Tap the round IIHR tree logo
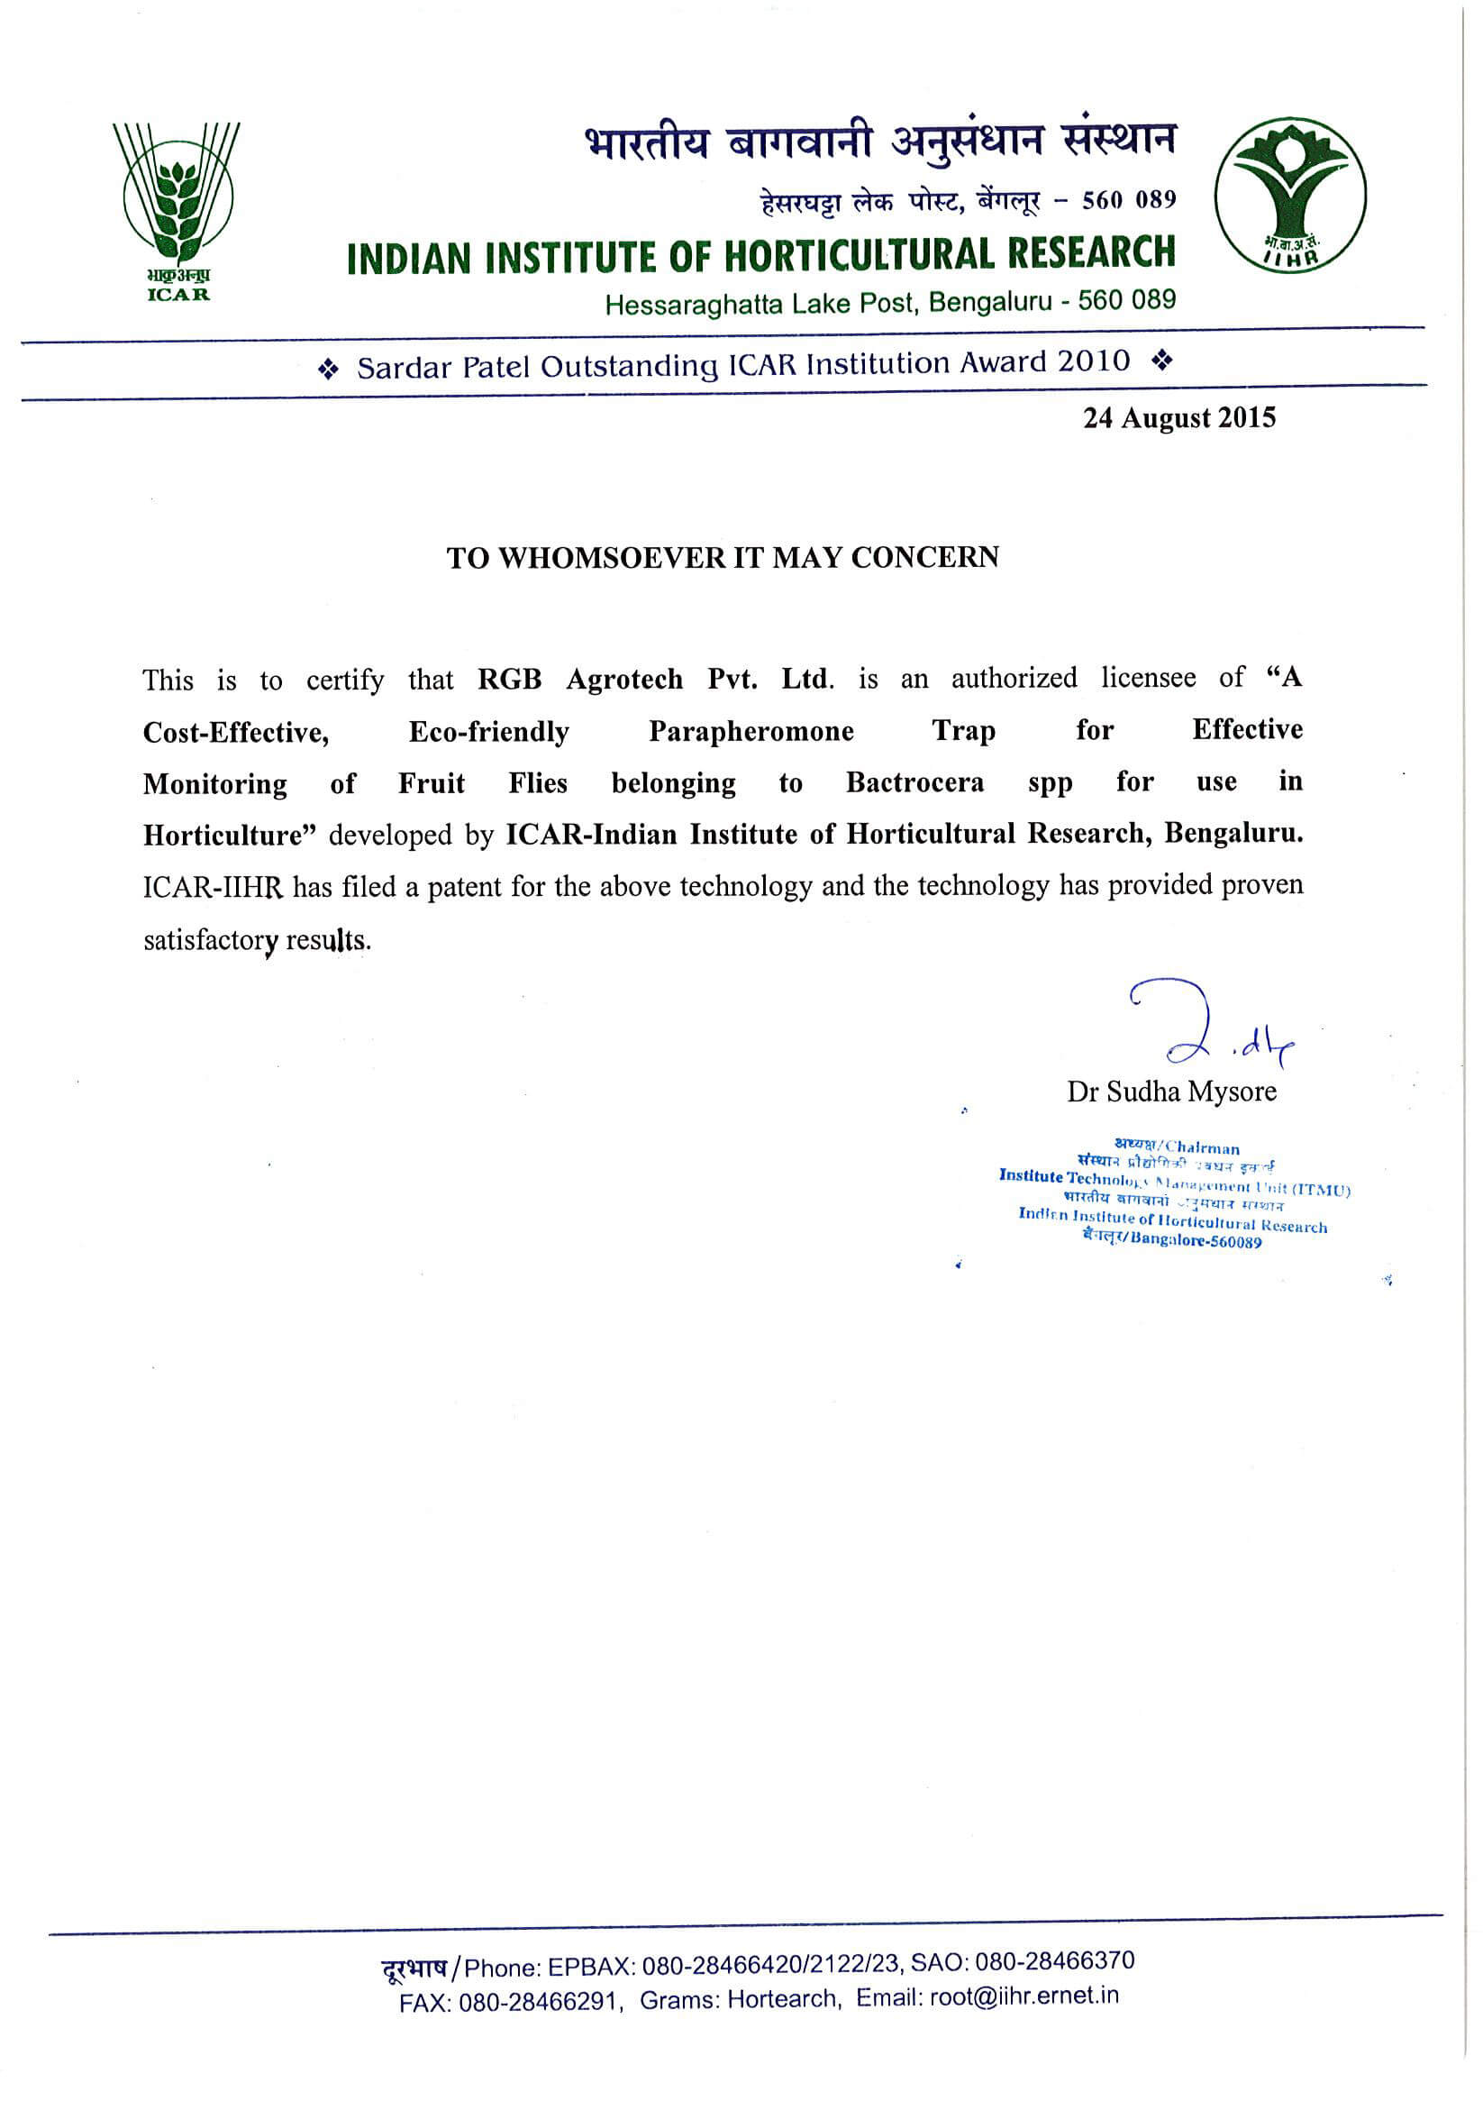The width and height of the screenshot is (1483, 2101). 1290,195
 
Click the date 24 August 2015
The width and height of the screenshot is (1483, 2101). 1179,418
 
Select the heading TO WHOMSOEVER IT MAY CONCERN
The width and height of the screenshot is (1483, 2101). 723,557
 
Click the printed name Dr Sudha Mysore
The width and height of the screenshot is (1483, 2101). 1171,1092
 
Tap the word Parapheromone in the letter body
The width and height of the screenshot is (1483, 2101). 751,731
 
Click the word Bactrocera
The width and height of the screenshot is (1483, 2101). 914,783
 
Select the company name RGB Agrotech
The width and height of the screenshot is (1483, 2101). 580,679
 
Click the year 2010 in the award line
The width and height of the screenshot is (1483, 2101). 1094,361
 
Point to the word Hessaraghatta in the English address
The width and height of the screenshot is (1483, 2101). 695,304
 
